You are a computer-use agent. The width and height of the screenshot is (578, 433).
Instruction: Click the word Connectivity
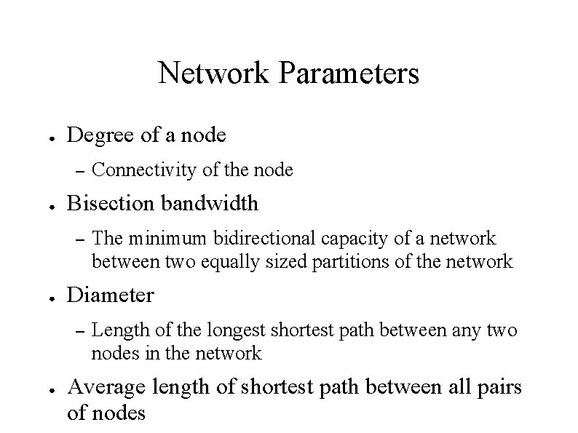point(137,170)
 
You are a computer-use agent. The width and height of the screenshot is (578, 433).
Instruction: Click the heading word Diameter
point(110,295)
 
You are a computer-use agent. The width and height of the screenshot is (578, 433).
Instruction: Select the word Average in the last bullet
point(106,388)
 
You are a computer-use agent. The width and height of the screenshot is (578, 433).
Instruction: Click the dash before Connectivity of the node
point(80,172)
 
